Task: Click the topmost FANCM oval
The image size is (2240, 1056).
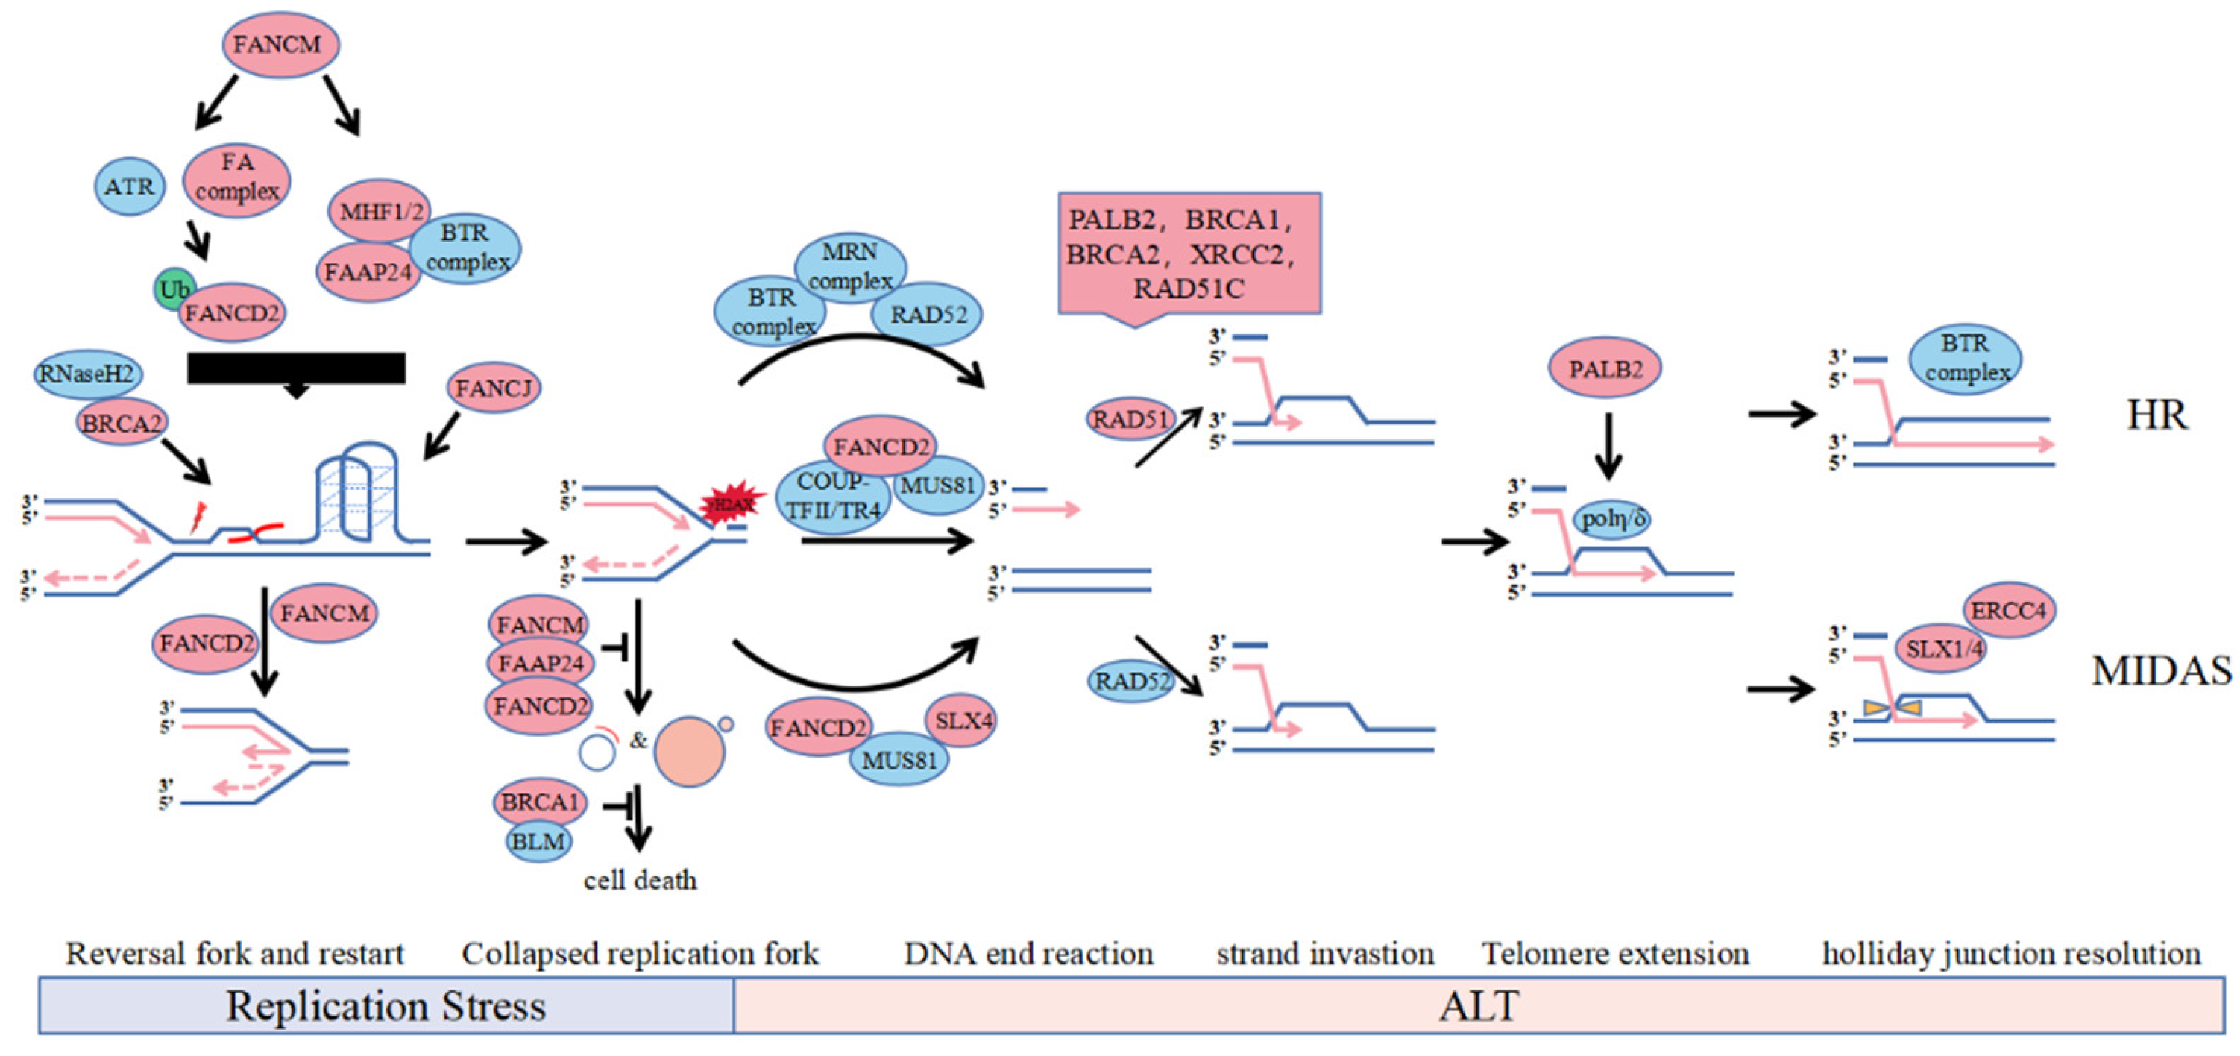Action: (x=280, y=44)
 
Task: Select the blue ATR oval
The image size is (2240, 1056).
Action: (x=129, y=186)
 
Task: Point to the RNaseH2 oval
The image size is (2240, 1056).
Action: (x=87, y=374)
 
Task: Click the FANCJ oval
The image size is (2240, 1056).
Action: (x=493, y=388)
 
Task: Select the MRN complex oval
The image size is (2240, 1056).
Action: (x=850, y=265)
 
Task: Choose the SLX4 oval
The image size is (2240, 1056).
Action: (x=962, y=720)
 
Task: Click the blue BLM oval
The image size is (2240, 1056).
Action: (x=538, y=841)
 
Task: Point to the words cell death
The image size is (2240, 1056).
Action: (x=640, y=880)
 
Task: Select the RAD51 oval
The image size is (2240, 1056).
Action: (x=1130, y=419)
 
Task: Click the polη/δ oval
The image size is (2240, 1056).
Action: (x=1612, y=519)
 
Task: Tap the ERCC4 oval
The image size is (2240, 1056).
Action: (x=2008, y=611)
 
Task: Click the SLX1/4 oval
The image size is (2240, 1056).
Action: (x=1941, y=649)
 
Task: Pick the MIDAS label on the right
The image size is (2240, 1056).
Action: (x=2160, y=670)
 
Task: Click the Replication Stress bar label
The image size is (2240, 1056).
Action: (x=386, y=1007)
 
